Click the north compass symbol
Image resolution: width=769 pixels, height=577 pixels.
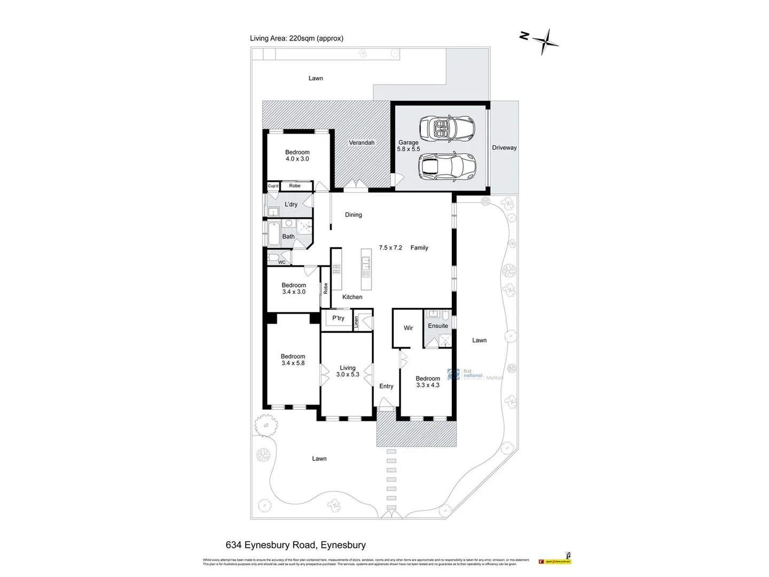[x=544, y=40]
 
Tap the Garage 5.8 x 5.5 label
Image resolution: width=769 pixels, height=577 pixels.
[x=409, y=146]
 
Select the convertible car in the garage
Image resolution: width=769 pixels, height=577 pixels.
[x=447, y=128]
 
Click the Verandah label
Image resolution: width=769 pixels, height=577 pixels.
[x=362, y=143]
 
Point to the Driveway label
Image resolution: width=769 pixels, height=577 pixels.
[x=504, y=147]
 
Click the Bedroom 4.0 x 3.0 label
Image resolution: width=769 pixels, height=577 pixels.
[x=297, y=155]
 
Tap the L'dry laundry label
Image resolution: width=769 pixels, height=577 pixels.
[x=291, y=205]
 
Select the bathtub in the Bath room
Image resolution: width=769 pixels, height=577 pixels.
[x=273, y=233]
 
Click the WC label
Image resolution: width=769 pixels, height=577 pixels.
[x=281, y=262]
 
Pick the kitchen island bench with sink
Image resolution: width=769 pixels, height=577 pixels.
[x=365, y=262]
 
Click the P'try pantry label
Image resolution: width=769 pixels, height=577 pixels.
[x=338, y=318]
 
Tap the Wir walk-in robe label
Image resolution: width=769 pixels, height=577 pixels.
[x=408, y=328]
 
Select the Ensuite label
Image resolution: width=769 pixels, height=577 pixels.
[x=438, y=326]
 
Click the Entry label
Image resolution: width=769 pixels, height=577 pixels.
[x=386, y=386]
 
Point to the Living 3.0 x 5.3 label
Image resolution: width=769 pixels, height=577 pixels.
[x=348, y=371]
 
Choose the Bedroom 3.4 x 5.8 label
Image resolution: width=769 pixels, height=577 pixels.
[x=293, y=360]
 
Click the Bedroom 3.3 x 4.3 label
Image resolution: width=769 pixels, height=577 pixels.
[x=428, y=381]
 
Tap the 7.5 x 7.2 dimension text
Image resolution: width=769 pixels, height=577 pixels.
[x=390, y=248]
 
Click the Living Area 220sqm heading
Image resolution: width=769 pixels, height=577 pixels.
[x=296, y=38]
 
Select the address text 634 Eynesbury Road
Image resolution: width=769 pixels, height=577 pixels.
[x=295, y=545]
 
